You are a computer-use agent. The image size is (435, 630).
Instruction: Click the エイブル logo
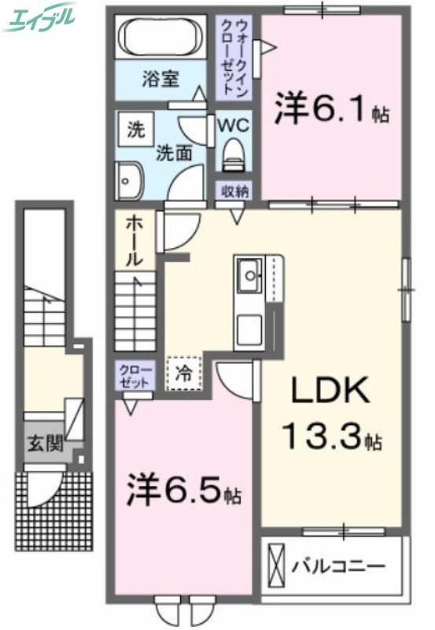point(40,17)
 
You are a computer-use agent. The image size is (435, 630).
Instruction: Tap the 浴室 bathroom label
point(161,79)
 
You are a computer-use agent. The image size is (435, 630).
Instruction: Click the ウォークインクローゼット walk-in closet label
point(236,55)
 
